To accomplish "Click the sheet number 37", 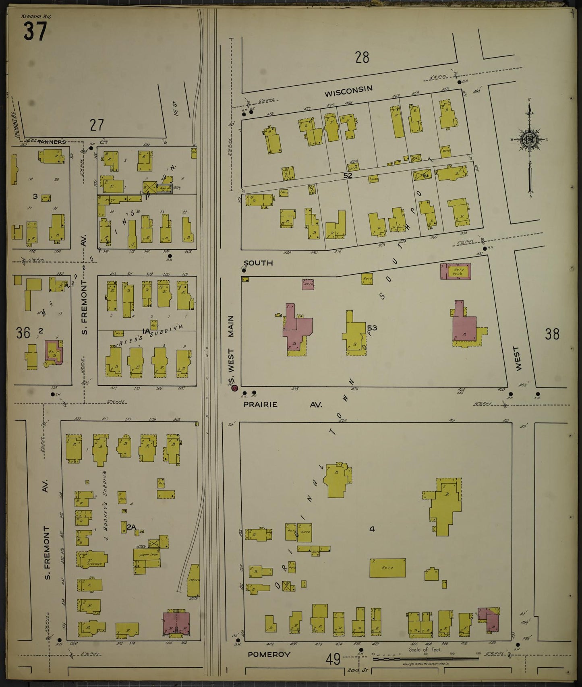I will [x=35, y=31].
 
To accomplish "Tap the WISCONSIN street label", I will [x=348, y=91].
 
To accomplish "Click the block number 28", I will [x=362, y=58].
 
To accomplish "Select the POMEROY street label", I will [x=269, y=654].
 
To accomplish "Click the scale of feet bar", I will [x=425, y=659].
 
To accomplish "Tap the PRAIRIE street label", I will [x=260, y=405].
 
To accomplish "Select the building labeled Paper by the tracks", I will [x=194, y=580].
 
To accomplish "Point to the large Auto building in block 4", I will [x=387, y=568].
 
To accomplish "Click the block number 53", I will [x=372, y=328].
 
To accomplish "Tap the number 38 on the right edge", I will [x=552, y=334].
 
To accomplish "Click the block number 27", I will [x=97, y=125].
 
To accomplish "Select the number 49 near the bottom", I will [x=333, y=660].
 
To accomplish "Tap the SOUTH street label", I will [x=258, y=263].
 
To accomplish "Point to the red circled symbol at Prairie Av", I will [x=234, y=388].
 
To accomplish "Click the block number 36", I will [x=23, y=333].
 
